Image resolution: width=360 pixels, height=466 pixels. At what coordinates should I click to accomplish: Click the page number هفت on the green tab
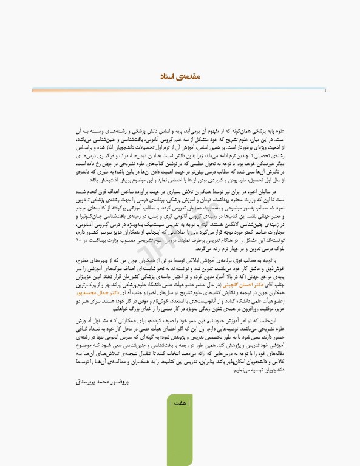coord(180,402)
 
